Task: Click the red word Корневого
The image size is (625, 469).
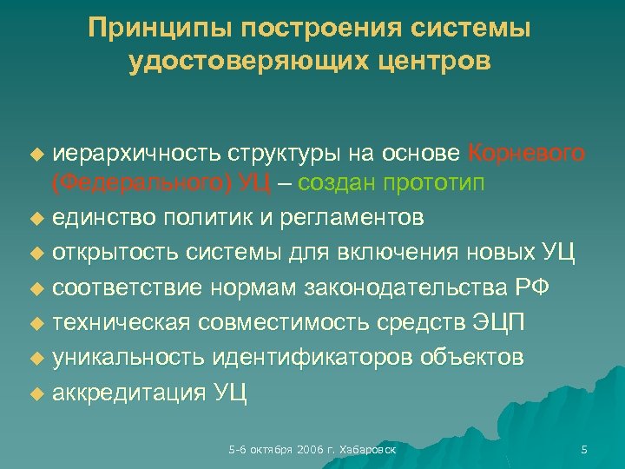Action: click(x=526, y=154)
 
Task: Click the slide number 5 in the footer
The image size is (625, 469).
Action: click(x=583, y=449)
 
